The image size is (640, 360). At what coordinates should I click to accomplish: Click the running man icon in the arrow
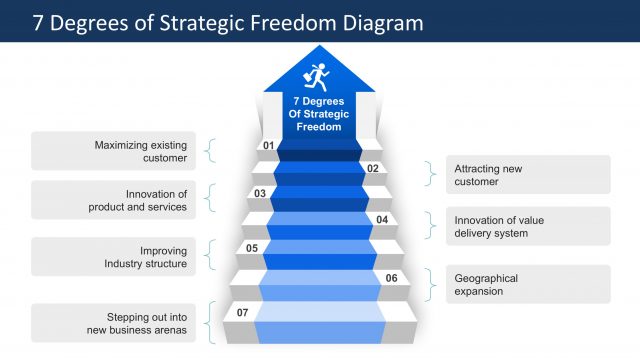coord(319,77)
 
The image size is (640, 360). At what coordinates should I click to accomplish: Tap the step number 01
coord(268,146)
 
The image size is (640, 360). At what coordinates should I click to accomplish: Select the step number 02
coord(372,169)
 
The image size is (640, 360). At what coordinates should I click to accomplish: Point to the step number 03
coord(260,193)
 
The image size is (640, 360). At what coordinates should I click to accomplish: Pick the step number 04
coord(381,219)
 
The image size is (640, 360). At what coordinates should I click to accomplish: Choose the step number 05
coord(252,248)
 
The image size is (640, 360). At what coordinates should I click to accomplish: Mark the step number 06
coord(391,278)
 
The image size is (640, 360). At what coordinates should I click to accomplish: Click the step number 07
coord(242,313)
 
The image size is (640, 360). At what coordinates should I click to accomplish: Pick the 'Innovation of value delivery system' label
coord(499,226)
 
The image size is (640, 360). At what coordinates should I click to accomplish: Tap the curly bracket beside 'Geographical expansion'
coord(431,284)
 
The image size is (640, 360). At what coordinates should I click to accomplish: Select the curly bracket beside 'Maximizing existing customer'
coord(210,151)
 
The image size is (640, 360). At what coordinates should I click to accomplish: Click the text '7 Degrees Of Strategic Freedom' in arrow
coord(319,114)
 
